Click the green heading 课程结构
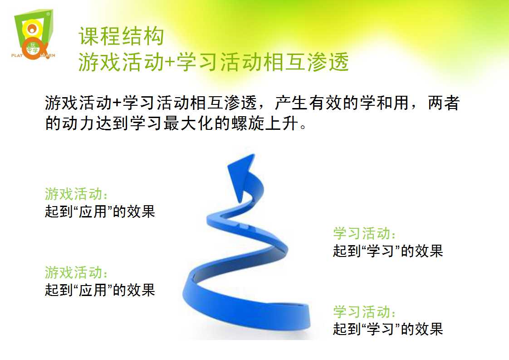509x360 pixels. coord(121,36)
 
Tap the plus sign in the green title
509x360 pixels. coord(170,63)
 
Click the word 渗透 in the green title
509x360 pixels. coord(328,62)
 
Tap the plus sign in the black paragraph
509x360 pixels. coord(117,104)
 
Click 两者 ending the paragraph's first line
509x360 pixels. coord(444,103)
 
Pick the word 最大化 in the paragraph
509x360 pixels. coord(189,123)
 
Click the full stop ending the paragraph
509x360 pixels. coord(303,127)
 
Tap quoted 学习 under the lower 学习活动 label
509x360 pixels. coord(380,329)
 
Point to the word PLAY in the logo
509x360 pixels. coord(17,55)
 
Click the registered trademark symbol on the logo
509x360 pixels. coord(48,14)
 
